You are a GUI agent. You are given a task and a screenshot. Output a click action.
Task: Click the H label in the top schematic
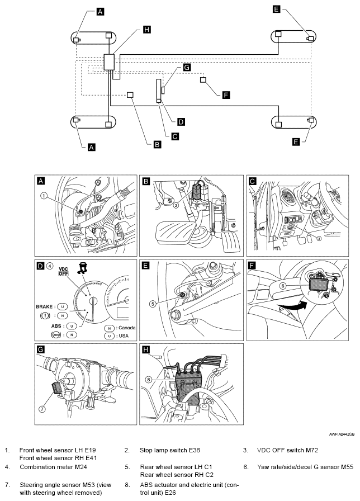coord(146,30)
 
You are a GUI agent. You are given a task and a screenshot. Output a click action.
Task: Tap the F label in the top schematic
coord(226,95)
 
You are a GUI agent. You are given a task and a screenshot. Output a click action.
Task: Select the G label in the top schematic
coord(187,68)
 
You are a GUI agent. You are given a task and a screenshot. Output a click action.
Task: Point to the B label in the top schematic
coord(157,144)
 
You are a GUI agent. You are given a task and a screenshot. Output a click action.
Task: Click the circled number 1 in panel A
coord(44,196)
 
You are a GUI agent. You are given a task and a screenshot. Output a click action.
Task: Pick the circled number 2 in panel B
coord(176,205)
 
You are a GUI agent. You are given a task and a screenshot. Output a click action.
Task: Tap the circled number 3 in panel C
coord(319,238)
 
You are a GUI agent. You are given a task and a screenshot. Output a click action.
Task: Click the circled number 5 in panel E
coord(153,304)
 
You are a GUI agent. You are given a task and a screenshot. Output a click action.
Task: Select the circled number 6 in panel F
coord(283,286)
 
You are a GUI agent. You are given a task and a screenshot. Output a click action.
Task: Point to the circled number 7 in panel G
coord(42,409)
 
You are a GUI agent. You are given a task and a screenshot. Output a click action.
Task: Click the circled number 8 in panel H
coord(149,380)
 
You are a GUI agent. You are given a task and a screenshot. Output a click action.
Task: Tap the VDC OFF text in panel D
coord(64,271)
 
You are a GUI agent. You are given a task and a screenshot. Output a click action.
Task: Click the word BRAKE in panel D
coord(44,307)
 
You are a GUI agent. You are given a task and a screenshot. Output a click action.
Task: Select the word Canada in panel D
coord(127,328)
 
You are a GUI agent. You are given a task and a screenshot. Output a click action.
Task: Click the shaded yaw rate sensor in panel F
coord(317,283)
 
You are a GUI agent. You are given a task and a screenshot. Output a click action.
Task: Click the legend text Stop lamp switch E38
coord(169,450)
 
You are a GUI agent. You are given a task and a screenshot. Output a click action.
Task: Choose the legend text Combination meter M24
coord(53,467)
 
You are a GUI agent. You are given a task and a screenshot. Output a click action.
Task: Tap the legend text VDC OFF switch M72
coord(287,450)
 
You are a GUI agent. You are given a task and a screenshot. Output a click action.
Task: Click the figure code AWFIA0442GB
coord(342,434)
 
